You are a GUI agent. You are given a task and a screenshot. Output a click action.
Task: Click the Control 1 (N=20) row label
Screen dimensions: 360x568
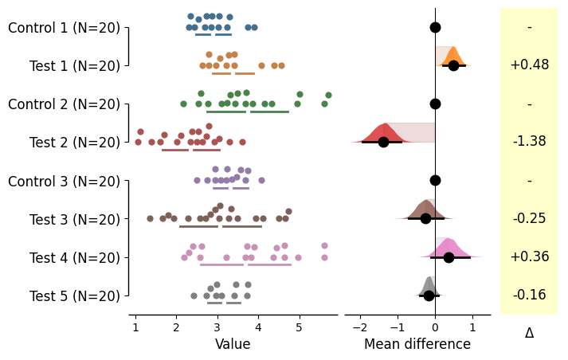pos(64,28)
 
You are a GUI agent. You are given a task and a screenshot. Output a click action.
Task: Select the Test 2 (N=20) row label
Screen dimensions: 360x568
pos(75,143)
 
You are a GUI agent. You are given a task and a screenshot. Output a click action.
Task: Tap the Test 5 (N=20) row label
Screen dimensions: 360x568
pos(75,295)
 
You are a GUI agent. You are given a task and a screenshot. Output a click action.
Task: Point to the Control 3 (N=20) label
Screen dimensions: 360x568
pos(64,181)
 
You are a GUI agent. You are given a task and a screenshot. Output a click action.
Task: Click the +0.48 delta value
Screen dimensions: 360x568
pos(529,65)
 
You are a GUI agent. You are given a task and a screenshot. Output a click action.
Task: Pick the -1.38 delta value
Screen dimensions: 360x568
pos(529,142)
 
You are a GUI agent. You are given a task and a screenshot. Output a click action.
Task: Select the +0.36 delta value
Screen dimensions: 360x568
pos(529,256)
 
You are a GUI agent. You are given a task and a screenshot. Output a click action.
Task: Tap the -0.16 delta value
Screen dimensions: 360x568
pos(529,295)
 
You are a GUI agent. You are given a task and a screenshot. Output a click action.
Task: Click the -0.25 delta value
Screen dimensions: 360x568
pos(529,218)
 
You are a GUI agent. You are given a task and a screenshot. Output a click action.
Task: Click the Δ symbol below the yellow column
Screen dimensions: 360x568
pos(529,333)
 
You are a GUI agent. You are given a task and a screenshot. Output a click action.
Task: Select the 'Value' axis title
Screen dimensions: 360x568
pos(233,344)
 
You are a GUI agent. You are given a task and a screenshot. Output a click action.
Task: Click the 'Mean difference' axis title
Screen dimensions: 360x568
pos(417,344)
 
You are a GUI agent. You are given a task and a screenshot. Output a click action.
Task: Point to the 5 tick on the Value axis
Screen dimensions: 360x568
pos(300,327)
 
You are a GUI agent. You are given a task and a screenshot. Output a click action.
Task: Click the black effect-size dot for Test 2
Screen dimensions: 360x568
pos(383,142)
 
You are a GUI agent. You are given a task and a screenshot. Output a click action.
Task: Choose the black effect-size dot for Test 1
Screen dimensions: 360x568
pos(453,65)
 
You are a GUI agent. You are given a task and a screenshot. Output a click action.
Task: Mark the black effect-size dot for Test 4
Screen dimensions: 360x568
pos(449,257)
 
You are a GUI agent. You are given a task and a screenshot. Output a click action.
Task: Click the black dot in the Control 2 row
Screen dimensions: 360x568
pos(435,104)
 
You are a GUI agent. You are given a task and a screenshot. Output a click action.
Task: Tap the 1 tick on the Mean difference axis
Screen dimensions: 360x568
pos(472,327)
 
